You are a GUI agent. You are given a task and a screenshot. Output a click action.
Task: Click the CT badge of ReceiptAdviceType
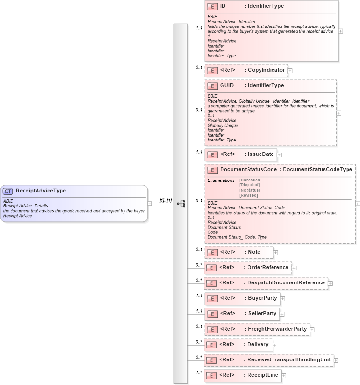[x=9, y=191]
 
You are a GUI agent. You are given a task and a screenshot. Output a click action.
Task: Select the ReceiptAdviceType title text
[x=41, y=191]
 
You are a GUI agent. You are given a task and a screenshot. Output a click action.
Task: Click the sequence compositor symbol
[x=181, y=204]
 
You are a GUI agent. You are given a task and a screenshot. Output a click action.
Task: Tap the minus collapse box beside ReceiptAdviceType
[x=150, y=203]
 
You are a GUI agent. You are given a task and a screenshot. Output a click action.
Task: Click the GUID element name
[x=227, y=85]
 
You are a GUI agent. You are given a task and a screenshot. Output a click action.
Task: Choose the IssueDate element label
[x=261, y=154]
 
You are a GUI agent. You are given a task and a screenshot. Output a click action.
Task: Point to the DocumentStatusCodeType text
[x=318, y=169]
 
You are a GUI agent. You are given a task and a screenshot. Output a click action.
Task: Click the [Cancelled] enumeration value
[x=250, y=180]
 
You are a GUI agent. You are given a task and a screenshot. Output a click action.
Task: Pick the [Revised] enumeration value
[x=248, y=195]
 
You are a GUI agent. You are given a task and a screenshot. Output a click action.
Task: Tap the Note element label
[x=254, y=252]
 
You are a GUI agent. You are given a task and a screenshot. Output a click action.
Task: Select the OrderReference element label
[x=268, y=267]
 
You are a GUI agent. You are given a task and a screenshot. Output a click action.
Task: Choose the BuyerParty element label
[x=262, y=298]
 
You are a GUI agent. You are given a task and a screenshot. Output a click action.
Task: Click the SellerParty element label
[x=262, y=314]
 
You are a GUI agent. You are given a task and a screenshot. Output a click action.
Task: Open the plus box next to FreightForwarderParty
[x=312, y=330]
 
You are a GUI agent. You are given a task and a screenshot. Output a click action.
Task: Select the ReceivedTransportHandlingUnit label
[x=288, y=360]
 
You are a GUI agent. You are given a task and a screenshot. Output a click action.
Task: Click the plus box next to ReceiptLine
[x=284, y=376]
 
